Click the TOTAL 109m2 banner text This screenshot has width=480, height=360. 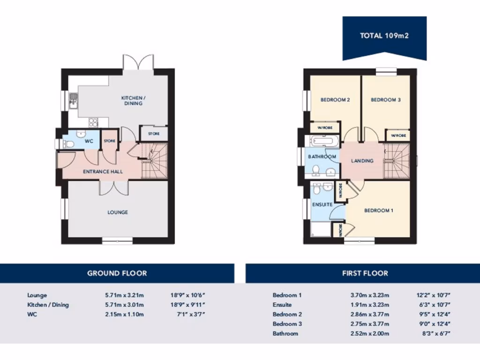384,36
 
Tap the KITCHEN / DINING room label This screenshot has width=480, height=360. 134,100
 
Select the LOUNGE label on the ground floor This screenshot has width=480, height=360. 118,212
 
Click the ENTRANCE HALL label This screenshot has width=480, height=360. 103,172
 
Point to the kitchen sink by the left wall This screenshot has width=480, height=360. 74,100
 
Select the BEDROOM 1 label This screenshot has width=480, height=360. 379,210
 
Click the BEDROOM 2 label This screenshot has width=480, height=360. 336,100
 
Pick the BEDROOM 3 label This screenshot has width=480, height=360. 386,100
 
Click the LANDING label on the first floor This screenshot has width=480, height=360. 362,161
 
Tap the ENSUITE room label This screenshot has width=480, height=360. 322,205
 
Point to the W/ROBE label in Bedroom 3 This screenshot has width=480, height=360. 398,135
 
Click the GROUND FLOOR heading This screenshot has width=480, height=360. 117,273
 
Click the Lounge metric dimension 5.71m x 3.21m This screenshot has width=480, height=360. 124,295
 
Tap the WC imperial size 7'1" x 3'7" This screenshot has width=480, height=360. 189,314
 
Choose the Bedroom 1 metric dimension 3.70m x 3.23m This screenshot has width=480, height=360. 370,295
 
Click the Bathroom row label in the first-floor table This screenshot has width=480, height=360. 285,333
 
